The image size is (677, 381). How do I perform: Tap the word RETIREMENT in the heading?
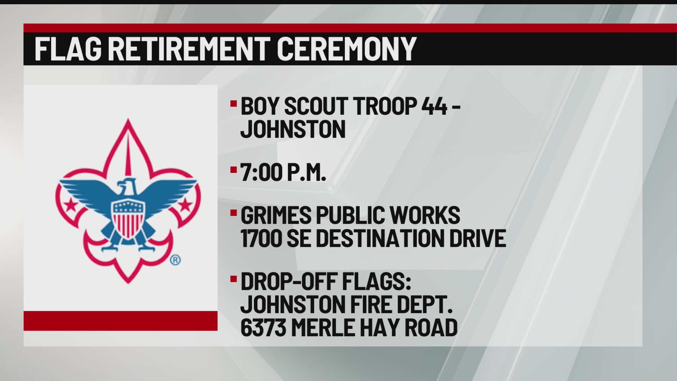(x=189, y=49)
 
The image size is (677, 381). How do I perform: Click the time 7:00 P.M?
(x=283, y=173)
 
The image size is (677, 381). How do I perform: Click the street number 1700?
(x=261, y=238)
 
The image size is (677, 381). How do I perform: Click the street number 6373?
(x=263, y=327)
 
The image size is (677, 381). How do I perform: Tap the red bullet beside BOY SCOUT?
(x=233, y=104)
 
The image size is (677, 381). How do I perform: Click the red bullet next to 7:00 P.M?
(x=233, y=170)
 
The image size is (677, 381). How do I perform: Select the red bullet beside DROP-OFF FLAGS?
(x=233, y=279)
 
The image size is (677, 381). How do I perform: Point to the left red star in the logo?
(x=71, y=204)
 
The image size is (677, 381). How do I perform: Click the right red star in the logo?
(x=185, y=204)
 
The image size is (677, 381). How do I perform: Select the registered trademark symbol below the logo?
(x=175, y=260)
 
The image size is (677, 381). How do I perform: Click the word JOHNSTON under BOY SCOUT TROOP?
(x=293, y=129)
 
